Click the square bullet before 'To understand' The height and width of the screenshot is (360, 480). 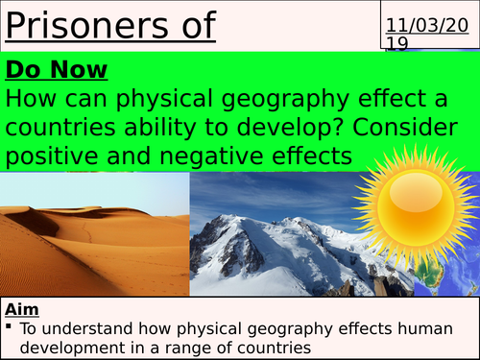11,328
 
